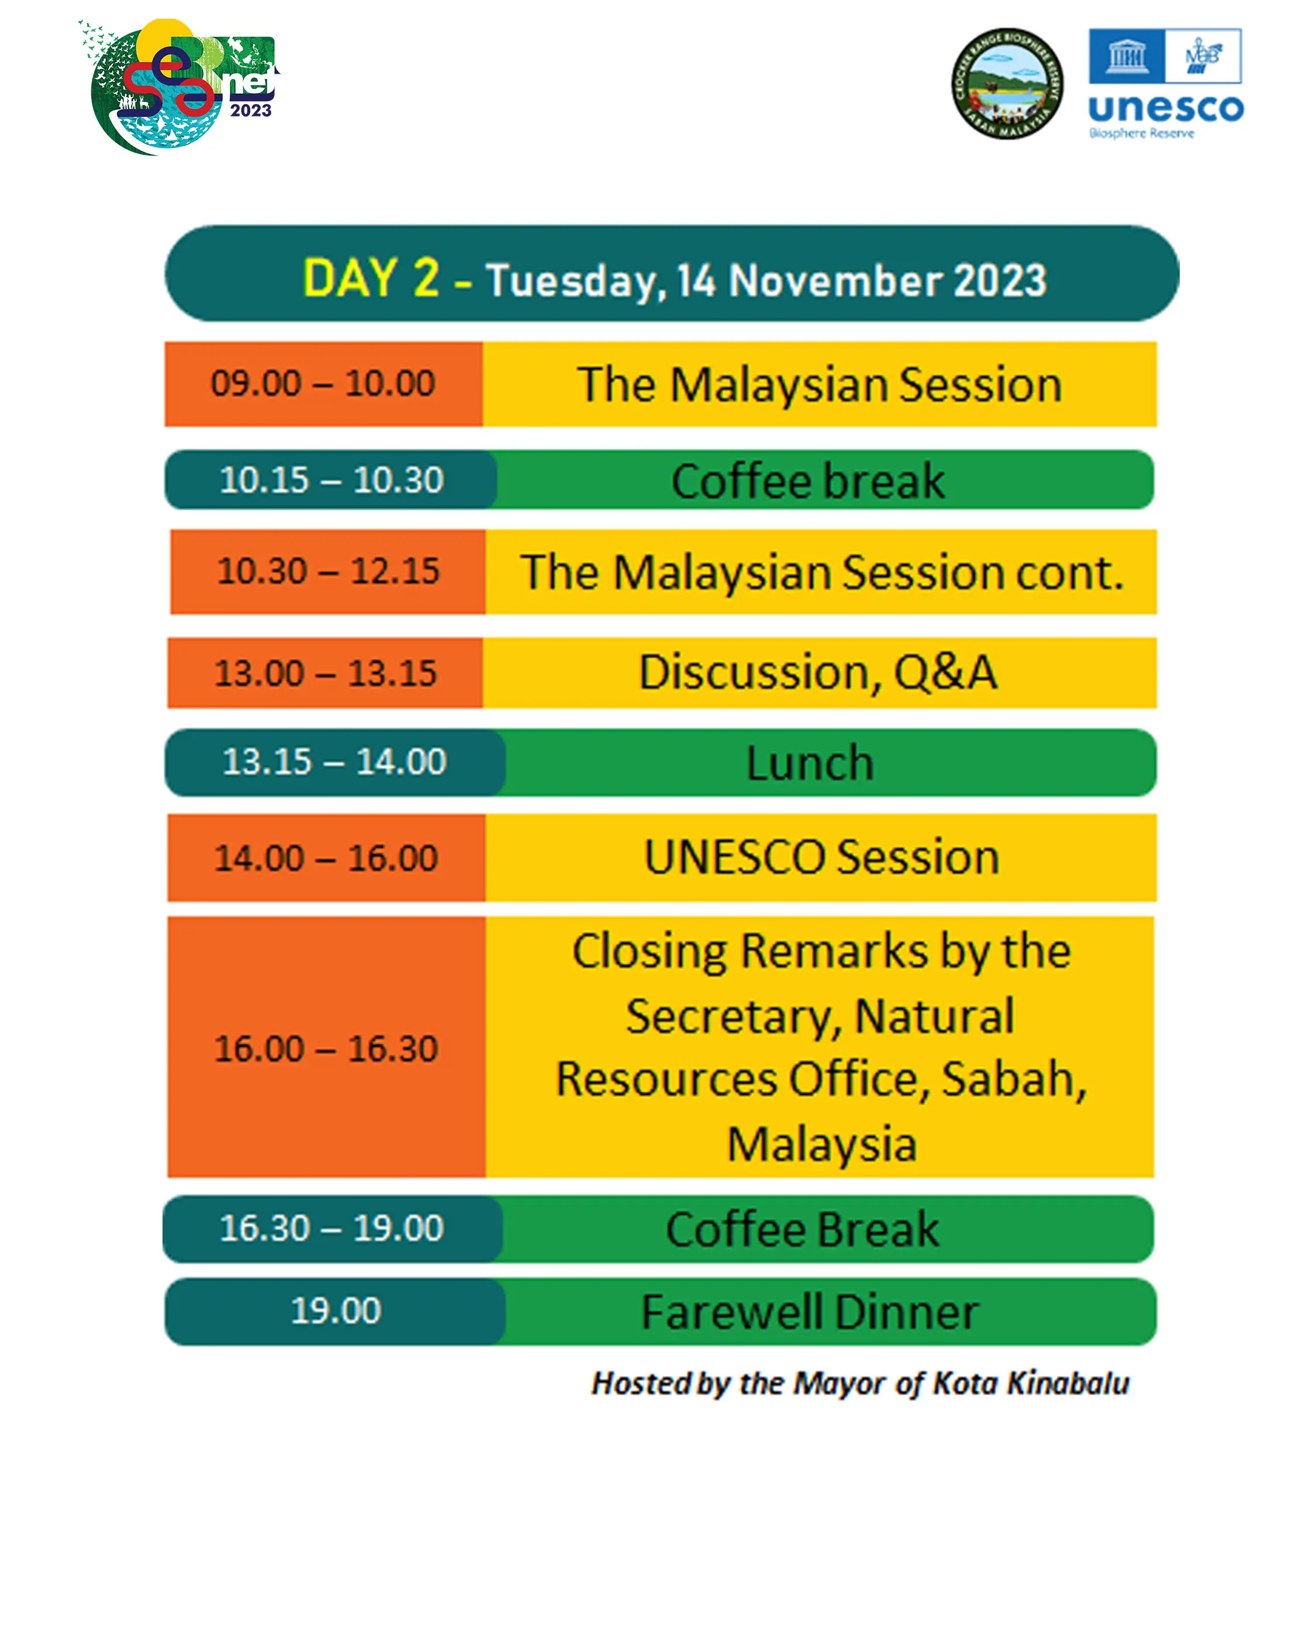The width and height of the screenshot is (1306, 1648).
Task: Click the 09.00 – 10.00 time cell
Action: [323, 383]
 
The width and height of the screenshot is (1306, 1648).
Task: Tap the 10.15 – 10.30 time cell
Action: [331, 480]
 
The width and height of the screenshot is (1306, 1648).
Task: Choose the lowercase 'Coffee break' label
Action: [808, 481]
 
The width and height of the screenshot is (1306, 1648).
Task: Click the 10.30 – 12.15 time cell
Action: [328, 571]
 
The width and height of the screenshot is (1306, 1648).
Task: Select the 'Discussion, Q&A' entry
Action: [818, 672]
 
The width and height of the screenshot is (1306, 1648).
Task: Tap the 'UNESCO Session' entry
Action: [821, 856]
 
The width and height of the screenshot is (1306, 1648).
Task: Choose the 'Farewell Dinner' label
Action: [809, 1312]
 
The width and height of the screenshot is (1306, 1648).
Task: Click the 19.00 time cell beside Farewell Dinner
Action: [335, 1311]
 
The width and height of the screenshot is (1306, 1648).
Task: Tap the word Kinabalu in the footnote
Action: [1067, 1382]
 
